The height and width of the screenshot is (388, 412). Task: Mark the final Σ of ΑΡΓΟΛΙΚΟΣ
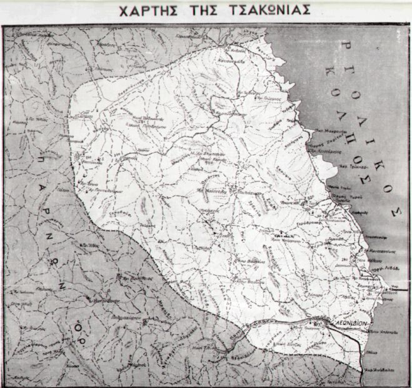click(394, 211)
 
